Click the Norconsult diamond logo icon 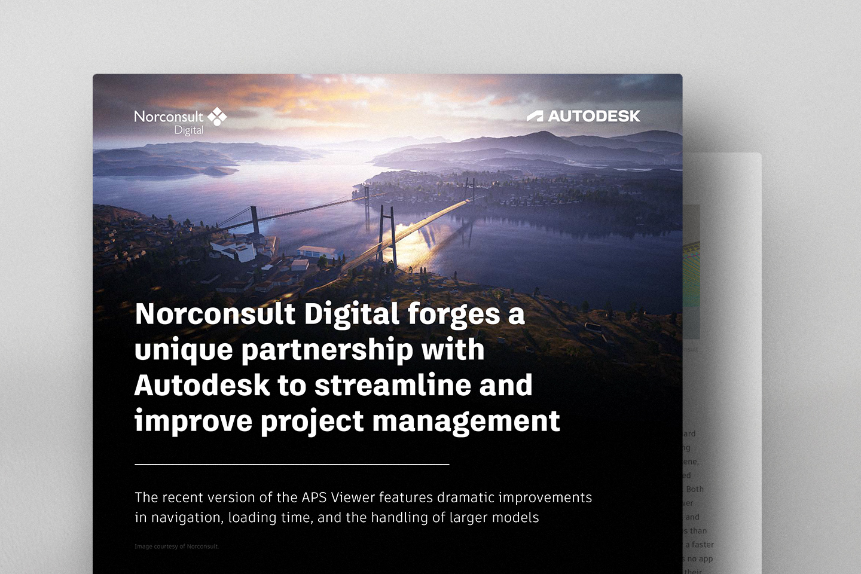(x=217, y=117)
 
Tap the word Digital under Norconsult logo (x=188, y=130)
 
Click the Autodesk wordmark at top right (x=594, y=116)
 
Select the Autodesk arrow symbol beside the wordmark (x=535, y=116)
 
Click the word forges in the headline (x=454, y=315)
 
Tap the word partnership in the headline (x=326, y=350)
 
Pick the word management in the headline (x=466, y=422)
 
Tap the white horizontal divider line (x=292, y=464)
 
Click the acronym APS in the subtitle (x=314, y=497)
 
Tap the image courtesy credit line (x=176, y=546)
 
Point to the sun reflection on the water (x=413, y=242)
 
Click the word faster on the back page (x=703, y=545)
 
